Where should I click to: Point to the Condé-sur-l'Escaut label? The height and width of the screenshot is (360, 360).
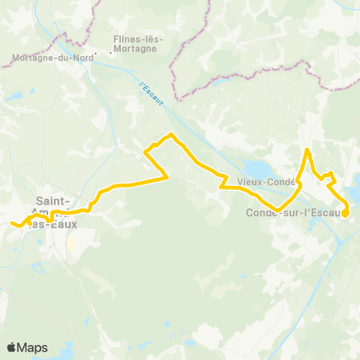(293, 212)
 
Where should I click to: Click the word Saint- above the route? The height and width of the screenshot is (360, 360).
(54, 201)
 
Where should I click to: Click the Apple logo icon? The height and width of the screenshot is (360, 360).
(12, 347)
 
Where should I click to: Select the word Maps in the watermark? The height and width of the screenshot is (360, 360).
(33, 347)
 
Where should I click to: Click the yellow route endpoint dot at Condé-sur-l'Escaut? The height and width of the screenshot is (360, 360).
(346, 213)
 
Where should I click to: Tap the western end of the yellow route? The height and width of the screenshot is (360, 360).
(12, 223)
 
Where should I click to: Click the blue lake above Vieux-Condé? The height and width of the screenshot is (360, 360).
(256, 169)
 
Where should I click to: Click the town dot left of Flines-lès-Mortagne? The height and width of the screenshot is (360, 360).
(111, 52)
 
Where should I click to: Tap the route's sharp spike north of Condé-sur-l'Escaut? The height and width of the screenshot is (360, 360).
(307, 151)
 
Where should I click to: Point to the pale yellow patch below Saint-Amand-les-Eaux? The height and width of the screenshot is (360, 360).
(72, 244)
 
